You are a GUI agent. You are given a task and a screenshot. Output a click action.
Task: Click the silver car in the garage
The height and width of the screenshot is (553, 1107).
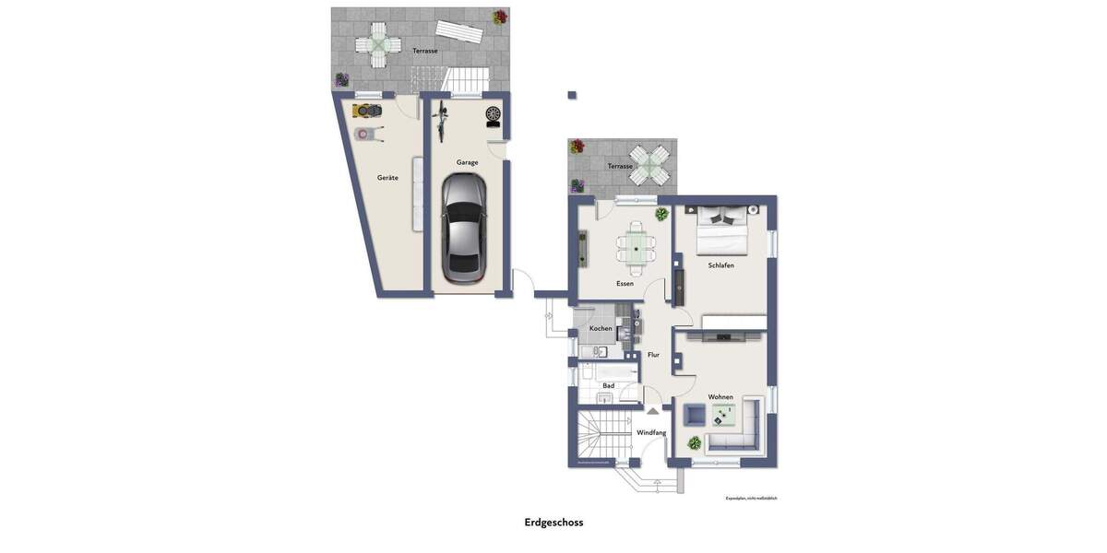pos(463,228)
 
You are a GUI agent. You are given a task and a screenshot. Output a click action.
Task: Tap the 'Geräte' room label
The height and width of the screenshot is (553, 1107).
pos(387,178)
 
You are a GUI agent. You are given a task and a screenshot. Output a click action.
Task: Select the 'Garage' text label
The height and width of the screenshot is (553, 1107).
pos(467,162)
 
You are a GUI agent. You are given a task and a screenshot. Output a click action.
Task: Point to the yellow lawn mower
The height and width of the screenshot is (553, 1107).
pos(367,111)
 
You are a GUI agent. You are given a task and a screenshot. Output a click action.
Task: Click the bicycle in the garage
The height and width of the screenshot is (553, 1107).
pos(440,122)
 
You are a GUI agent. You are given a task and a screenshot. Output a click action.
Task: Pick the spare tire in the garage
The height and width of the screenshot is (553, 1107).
pos(494,115)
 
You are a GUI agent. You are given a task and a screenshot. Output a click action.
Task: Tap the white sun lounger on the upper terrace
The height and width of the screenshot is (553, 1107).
pos(459,33)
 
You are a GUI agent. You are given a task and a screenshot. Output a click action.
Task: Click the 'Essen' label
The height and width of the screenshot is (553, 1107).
pos(625,284)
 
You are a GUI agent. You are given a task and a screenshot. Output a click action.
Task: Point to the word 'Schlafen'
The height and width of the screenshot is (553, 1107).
pos(720,265)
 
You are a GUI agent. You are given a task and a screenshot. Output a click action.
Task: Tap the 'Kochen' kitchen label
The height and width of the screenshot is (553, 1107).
pos(601,329)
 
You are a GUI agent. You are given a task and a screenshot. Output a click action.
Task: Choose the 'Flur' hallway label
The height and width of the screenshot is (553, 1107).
pos(653,355)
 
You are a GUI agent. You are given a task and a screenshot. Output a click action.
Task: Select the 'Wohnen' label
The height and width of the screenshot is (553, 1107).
pos(720,397)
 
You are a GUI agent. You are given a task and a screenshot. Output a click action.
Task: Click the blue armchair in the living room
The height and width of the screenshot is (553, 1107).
pos(693,416)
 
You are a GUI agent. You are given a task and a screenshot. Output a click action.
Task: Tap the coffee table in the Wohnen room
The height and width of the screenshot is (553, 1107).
pos(723,416)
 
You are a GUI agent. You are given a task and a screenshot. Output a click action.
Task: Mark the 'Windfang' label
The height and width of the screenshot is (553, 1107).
pos(650,432)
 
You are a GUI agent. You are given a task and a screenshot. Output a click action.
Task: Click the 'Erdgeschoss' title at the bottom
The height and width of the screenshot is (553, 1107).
pos(553,523)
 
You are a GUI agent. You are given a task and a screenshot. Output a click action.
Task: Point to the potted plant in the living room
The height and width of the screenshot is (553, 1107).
pos(695,443)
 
